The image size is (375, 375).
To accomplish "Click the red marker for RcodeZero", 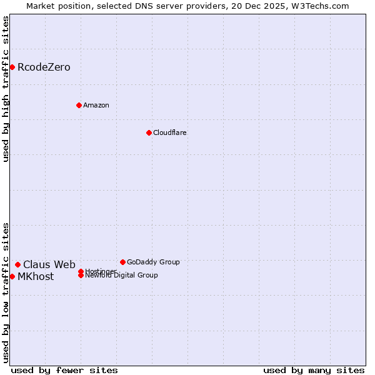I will [x=12, y=67].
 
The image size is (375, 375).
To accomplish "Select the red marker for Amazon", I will [x=79, y=105].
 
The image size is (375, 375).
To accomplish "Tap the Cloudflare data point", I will [x=149, y=132].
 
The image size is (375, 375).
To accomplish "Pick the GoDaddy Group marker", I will [x=122, y=262].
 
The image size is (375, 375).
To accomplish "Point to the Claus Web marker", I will [x=17, y=264].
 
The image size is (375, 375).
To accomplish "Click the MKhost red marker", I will [x=12, y=276].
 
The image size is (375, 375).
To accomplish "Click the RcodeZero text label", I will [x=44, y=67].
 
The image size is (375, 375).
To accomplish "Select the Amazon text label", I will [x=96, y=105].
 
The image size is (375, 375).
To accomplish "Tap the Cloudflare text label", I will [x=169, y=132].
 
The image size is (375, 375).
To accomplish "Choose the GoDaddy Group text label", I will [x=153, y=262].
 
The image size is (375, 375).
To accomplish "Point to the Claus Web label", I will [x=49, y=264].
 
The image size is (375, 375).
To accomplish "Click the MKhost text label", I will [x=36, y=276].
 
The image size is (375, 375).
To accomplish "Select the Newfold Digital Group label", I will [x=121, y=276].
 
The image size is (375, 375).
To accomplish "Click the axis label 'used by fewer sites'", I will [x=64, y=370].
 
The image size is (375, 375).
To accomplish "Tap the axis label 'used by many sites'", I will [x=314, y=370].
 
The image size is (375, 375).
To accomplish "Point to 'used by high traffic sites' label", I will [x=6, y=89].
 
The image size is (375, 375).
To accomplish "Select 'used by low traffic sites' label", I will [x=6, y=292].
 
